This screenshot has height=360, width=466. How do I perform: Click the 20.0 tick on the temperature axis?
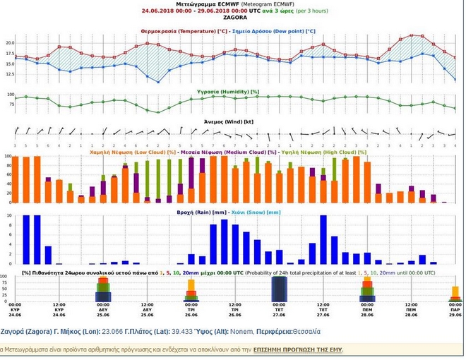pyautogui.click(x=9, y=42)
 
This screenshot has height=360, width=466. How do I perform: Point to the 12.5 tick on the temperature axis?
pyautogui.click(x=9, y=74)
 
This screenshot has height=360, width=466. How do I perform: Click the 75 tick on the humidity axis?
pyautogui.click(x=11, y=104)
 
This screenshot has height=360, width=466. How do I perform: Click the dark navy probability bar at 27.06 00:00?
pyautogui.click(x=280, y=289)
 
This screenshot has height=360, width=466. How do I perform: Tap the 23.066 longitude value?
pyautogui.click(x=114, y=329)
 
